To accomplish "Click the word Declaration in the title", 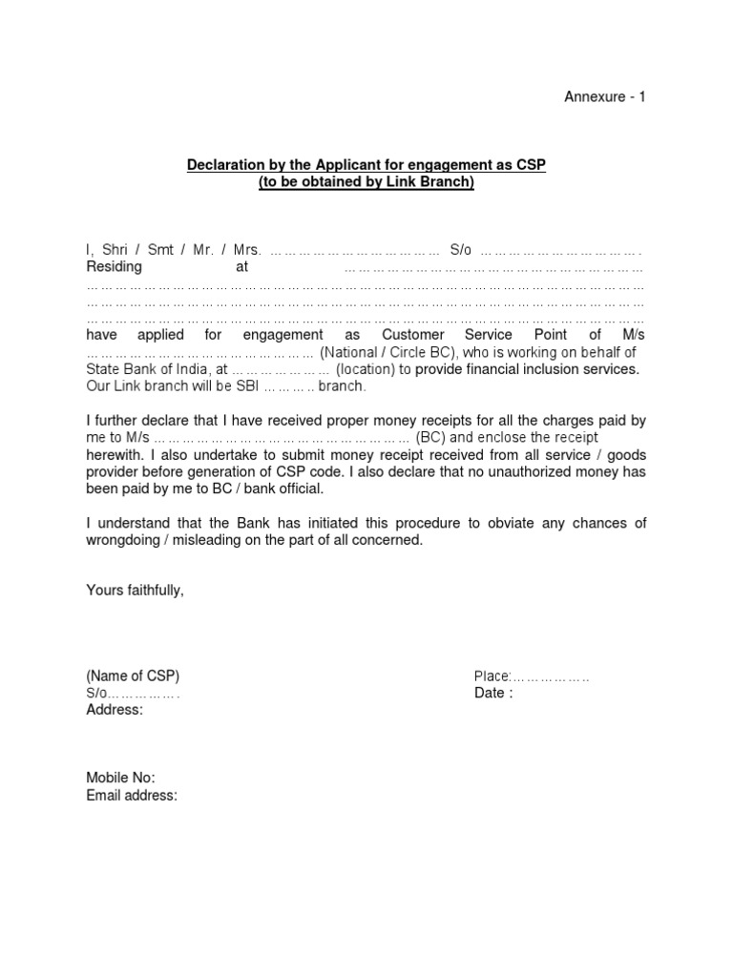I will (x=224, y=166).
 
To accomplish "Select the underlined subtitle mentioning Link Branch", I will (x=366, y=182).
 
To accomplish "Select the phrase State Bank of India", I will (x=148, y=370).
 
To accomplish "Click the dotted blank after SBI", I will (x=288, y=387).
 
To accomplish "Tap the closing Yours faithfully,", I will (x=135, y=592).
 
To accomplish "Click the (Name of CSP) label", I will (x=133, y=676).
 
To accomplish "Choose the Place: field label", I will (x=493, y=676).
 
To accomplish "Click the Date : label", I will (x=493, y=694).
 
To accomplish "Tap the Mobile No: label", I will (x=120, y=779).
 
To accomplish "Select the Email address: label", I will (x=132, y=796).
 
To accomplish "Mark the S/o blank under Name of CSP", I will (x=143, y=694).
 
